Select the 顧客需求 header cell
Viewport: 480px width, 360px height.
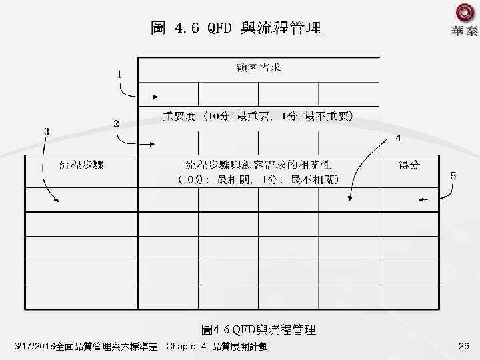coord(258,68)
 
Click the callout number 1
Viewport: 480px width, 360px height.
coord(119,75)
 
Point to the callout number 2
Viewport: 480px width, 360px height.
coord(115,123)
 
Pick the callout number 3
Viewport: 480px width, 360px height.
coord(45,131)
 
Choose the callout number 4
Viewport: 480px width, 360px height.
coord(397,139)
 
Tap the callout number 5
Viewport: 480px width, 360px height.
coord(453,176)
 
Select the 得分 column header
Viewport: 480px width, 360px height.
coord(409,164)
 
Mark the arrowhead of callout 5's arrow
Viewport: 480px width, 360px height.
coord(419,199)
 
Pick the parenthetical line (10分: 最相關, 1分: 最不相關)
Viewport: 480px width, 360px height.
coord(259,179)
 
